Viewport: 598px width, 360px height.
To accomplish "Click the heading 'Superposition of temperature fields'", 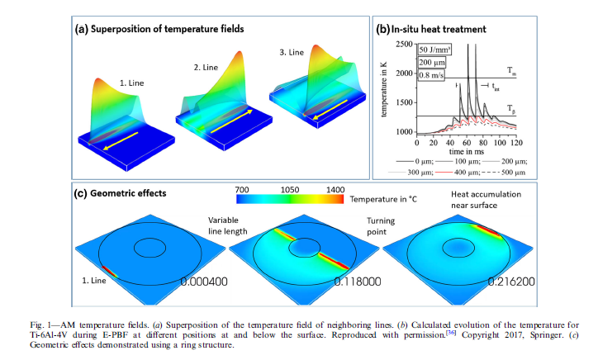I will (169, 29).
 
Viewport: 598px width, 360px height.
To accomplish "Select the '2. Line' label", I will (216, 64).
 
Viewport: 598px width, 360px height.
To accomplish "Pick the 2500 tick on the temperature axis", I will (404, 43).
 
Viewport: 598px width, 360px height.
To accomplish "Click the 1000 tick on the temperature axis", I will (404, 131).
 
